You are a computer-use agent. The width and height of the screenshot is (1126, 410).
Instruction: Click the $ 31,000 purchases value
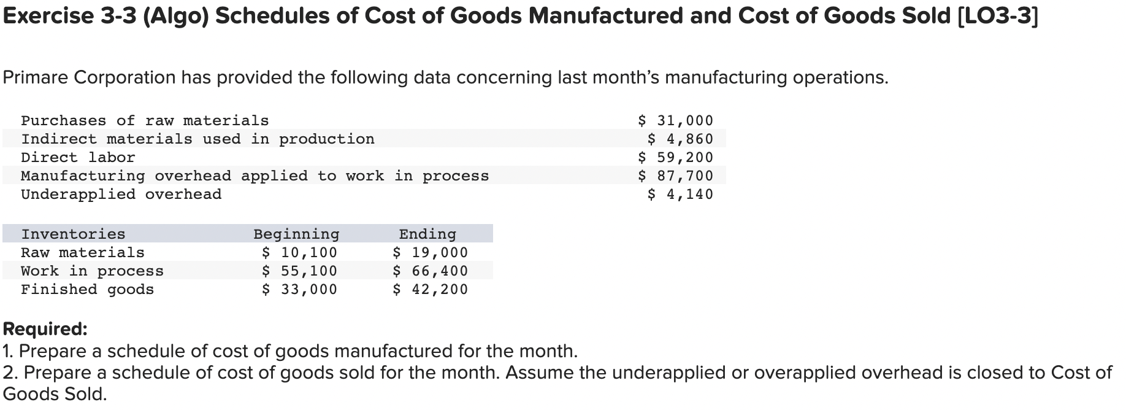pyautogui.click(x=676, y=121)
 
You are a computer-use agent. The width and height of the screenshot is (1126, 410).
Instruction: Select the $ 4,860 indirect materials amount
pyautogui.click(x=681, y=139)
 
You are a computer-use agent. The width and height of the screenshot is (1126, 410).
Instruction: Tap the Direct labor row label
pyautogui.click(x=78, y=158)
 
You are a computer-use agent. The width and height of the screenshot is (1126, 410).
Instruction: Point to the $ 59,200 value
pyautogui.click(x=676, y=158)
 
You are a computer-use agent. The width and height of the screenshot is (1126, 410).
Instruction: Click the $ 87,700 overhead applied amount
pyautogui.click(x=676, y=176)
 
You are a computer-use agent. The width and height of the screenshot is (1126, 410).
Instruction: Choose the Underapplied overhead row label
pyautogui.click(x=121, y=195)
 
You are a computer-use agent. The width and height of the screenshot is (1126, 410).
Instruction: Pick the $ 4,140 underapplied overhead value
pyautogui.click(x=681, y=195)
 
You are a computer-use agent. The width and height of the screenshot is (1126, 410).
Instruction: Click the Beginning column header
pyautogui.click(x=296, y=234)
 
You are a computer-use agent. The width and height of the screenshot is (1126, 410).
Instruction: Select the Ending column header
pyautogui.click(x=427, y=234)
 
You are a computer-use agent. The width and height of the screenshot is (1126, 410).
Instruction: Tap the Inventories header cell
pyautogui.click(x=73, y=234)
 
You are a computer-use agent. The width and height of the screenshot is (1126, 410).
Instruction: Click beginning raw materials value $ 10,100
pyautogui.click(x=299, y=252)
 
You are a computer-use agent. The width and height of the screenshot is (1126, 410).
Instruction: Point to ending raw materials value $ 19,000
pyautogui.click(x=430, y=252)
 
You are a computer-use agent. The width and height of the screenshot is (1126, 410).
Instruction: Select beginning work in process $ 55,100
pyautogui.click(x=299, y=271)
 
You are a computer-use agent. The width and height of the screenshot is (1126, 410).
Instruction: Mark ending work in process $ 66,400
pyautogui.click(x=430, y=271)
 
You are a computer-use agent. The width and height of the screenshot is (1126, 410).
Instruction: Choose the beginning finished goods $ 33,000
pyautogui.click(x=299, y=289)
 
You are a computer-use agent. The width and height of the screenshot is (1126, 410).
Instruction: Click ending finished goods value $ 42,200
pyautogui.click(x=430, y=289)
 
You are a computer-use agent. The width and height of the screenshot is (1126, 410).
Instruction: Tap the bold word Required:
pyautogui.click(x=45, y=329)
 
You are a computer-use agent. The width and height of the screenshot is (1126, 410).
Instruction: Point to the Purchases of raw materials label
pyautogui.click(x=145, y=121)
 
